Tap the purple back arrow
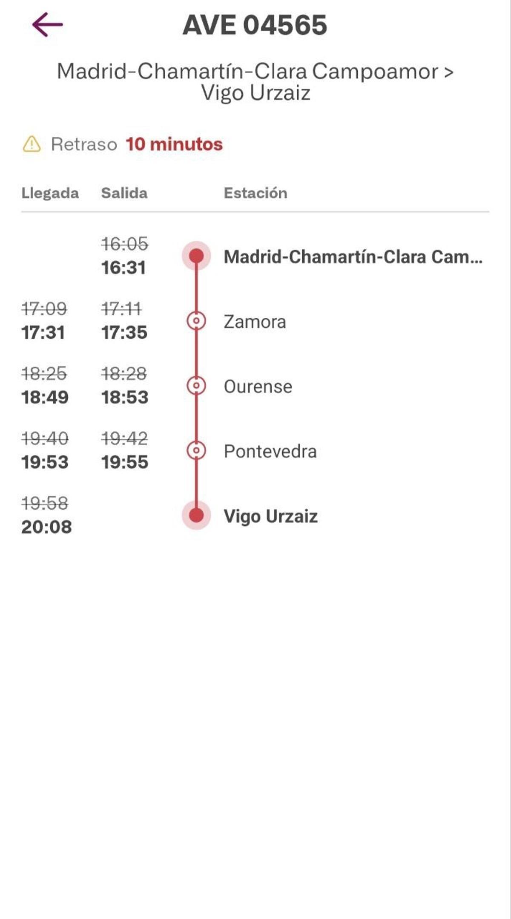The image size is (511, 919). (x=47, y=25)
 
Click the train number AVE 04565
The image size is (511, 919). (x=255, y=25)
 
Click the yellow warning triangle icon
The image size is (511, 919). (x=32, y=144)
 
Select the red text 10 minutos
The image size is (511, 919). (x=174, y=144)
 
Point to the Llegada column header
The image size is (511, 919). (x=50, y=193)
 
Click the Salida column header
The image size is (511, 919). (x=124, y=193)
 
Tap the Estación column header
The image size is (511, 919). (x=255, y=193)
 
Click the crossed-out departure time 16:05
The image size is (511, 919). (x=124, y=244)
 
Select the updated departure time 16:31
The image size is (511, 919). (x=123, y=268)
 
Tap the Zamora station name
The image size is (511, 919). (x=255, y=322)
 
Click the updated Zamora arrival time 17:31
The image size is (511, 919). (x=43, y=333)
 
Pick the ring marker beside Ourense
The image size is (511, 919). (x=196, y=386)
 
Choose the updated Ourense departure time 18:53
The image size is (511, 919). (x=124, y=398)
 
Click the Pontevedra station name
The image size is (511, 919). (x=270, y=452)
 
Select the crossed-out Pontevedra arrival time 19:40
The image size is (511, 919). (x=45, y=438)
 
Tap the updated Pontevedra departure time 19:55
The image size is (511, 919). (x=124, y=462)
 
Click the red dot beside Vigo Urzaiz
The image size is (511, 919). (x=196, y=515)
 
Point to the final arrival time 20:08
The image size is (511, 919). (x=46, y=527)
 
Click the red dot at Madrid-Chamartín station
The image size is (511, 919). (x=196, y=256)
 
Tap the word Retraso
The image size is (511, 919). (x=84, y=144)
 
